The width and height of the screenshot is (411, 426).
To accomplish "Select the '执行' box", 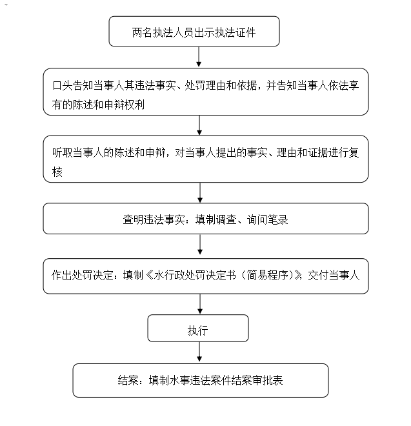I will [x=197, y=329].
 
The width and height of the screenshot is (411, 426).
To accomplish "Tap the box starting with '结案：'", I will [x=200, y=380].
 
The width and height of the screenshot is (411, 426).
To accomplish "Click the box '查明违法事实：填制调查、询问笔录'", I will [x=206, y=219].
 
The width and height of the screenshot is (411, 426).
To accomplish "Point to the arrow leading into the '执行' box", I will [x=199, y=304].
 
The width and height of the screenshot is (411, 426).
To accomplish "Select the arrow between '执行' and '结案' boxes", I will [x=199, y=352].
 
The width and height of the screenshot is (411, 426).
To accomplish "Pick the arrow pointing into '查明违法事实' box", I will [x=199, y=192].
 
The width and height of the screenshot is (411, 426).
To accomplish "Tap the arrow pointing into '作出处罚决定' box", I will [x=199, y=245].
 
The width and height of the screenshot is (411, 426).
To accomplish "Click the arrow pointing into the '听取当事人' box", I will [x=199, y=125].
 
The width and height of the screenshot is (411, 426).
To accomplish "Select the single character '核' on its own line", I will [x=57, y=172].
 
